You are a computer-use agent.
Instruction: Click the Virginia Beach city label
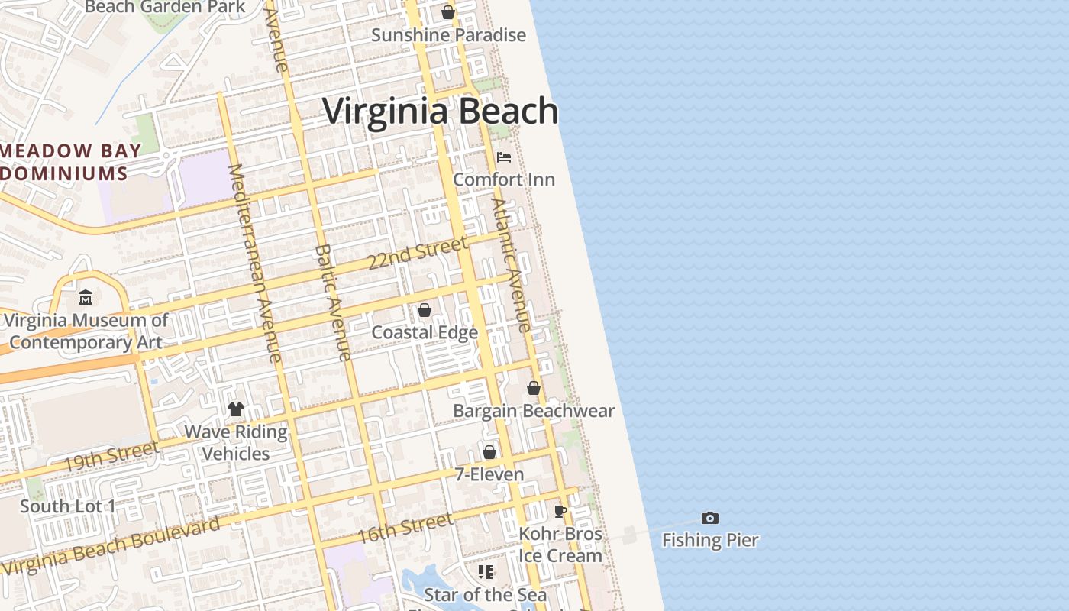pyautogui.click(x=441, y=112)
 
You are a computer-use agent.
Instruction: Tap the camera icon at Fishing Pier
pyautogui.click(x=710, y=519)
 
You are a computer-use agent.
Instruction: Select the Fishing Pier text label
pyautogui.click(x=710, y=540)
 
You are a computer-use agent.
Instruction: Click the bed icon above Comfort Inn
pyautogui.click(x=504, y=157)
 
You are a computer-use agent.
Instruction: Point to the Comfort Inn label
pyautogui.click(x=504, y=179)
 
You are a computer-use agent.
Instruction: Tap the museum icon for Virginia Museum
pyautogui.click(x=86, y=298)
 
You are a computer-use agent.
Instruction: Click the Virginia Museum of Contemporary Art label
pyautogui.click(x=86, y=331)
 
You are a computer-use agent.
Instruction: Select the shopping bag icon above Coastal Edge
pyautogui.click(x=424, y=311)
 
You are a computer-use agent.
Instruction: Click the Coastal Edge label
pyautogui.click(x=425, y=332)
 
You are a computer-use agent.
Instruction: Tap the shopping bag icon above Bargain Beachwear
pyautogui.click(x=534, y=389)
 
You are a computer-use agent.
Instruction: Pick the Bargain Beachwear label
pyautogui.click(x=534, y=411)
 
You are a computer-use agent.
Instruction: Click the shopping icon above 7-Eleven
pyautogui.click(x=489, y=453)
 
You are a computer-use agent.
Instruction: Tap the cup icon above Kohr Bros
pyautogui.click(x=560, y=512)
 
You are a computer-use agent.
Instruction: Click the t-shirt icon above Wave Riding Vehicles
pyautogui.click(x=235, y=410)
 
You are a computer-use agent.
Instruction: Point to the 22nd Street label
pyautogui.click(x=417, y=253)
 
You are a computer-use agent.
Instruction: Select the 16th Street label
pyautogui.click(x=405, y=528)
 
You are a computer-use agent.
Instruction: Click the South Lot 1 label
pyautogui.click(x=68, y=506)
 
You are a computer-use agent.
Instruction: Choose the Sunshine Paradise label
pyautogui.click(x=448, y=35)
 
